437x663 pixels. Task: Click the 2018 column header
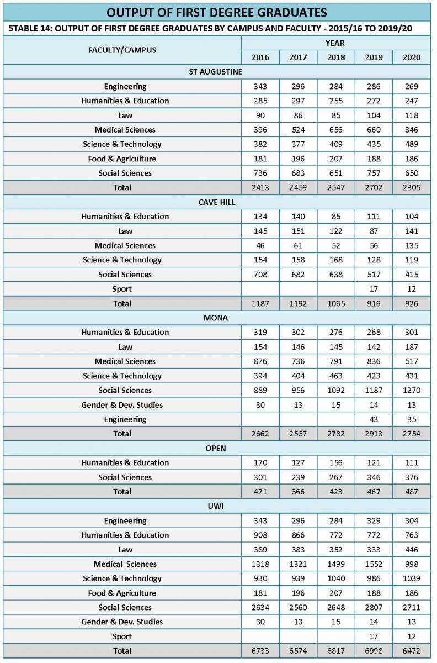[336, 57]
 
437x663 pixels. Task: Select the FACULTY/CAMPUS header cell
[122, 50]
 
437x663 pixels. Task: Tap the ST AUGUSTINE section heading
[216, 72]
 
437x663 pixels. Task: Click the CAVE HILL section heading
[217, 202]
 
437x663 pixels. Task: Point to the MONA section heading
[216, 318]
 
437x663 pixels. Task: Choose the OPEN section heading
[216, 448]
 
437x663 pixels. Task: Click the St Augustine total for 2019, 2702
[374, 187]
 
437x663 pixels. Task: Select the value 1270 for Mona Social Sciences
[412, 390]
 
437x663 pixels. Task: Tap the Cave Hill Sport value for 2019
[374, 289]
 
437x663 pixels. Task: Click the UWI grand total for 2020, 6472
[412, 651]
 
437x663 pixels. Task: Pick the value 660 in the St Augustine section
[374, 130]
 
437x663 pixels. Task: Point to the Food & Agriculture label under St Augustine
[122, 159]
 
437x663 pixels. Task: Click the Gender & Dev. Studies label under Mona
[122, 405]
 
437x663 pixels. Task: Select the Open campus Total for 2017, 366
[298, 492]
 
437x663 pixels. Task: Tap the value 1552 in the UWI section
[374, 564]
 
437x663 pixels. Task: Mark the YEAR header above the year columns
[335, 43]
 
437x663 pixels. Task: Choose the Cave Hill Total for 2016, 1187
[260, 303]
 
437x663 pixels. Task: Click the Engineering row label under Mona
[125, 419]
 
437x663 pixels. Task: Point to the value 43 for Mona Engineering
[374, 419]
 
